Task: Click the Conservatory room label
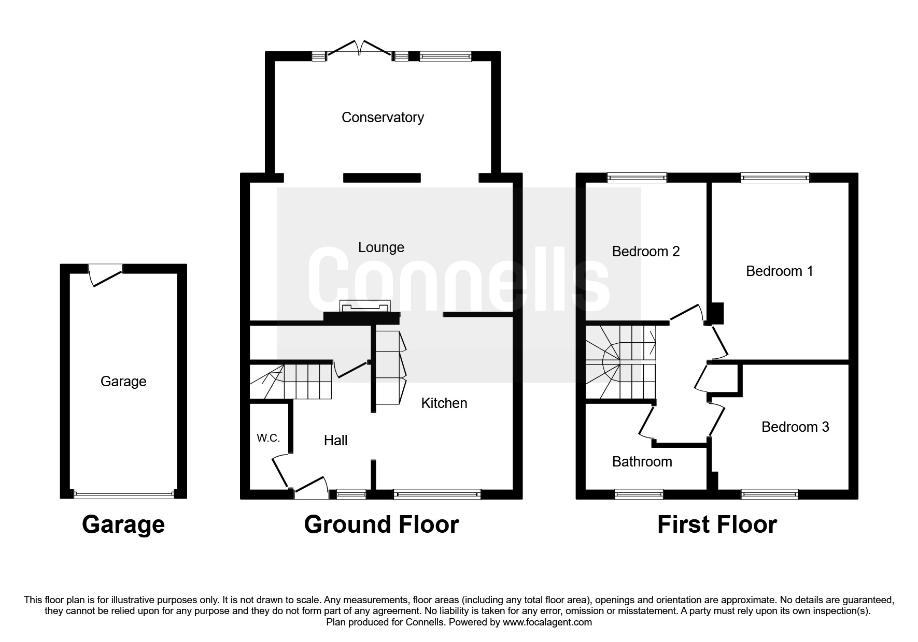pos(383,118)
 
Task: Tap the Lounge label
pos(381,247)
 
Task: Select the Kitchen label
pos(444,403)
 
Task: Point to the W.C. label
pos(269,438)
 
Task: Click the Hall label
pos(335,440)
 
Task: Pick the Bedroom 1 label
pos(780,271)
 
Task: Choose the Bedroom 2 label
pos(646,251)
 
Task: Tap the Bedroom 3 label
pos(795,427)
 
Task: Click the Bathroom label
pos(642,461)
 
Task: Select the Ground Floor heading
pos(382,524)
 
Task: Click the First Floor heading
pos(717,524)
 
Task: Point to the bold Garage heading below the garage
pos(123,524)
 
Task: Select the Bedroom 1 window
pos(775,178)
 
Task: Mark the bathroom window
pos(639,494)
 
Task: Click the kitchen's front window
pos(437,494)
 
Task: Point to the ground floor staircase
pos(290,382)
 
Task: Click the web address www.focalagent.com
pos(547,622)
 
